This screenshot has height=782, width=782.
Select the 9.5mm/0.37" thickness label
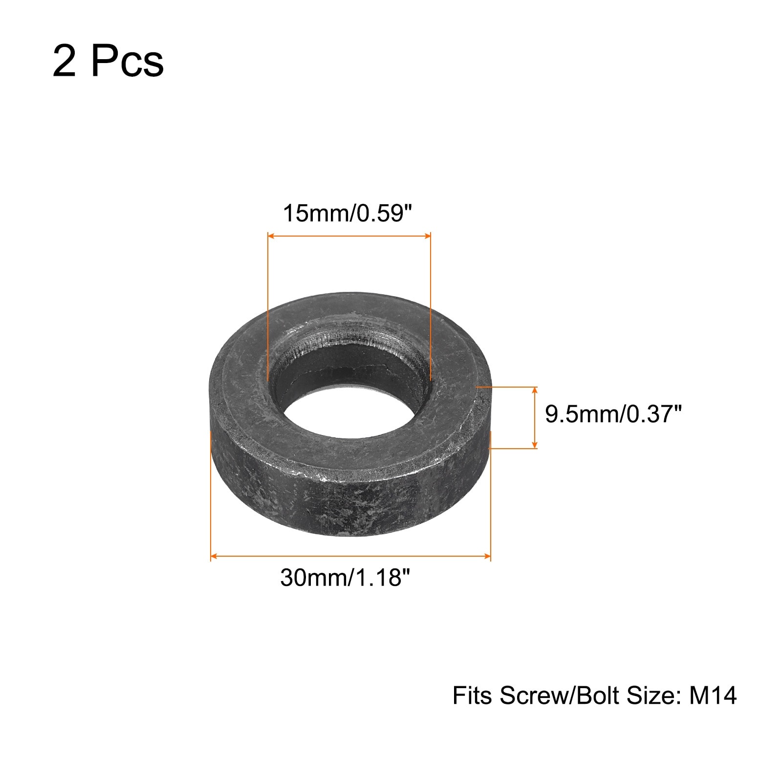[x=613, y=415]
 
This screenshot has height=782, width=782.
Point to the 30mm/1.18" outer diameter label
[x=345, y=578]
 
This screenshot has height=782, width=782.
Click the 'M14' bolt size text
[x=713, y=695]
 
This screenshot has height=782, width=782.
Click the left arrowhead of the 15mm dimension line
[x=272, y=236]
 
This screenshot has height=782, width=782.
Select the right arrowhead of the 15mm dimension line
[x=427, y=236]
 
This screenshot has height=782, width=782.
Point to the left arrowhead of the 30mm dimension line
[x=215, y=556]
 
